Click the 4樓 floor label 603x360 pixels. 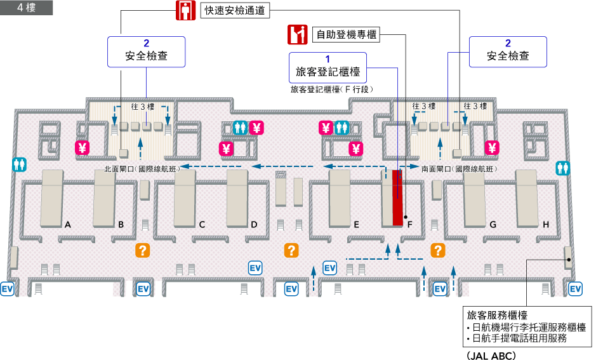26,8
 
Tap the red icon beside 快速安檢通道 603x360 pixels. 184,11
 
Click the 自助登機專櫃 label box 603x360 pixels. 346,34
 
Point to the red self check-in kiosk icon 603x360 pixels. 297,34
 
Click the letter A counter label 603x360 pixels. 67,224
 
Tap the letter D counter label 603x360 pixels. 254,224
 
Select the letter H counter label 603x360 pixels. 546,224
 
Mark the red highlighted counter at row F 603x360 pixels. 397,197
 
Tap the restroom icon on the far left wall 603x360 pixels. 19,164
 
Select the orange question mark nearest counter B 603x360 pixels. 143,250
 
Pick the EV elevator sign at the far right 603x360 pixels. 575,289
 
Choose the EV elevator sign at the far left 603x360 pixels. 8,289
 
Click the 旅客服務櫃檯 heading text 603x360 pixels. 498,315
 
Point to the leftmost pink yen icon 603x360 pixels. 82,148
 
